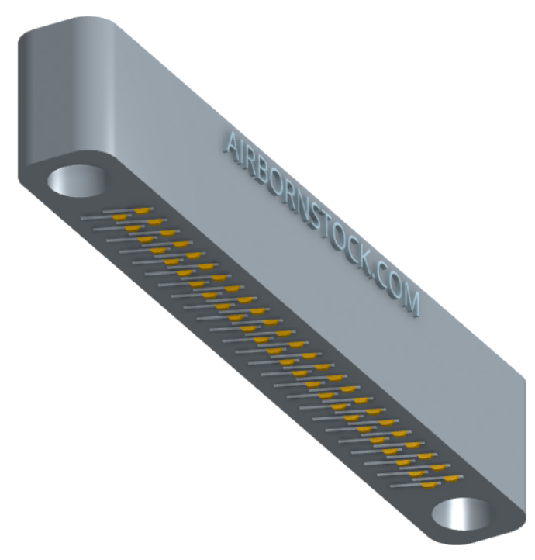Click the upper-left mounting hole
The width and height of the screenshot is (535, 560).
[77, 181]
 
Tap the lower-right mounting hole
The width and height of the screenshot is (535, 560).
[461, 513]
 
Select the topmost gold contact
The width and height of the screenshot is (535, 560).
[141, 211]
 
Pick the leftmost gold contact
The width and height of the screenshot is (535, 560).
[119, 217]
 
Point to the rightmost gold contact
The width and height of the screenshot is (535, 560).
[451, 479]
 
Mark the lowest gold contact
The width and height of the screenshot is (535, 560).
[428, 485]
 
